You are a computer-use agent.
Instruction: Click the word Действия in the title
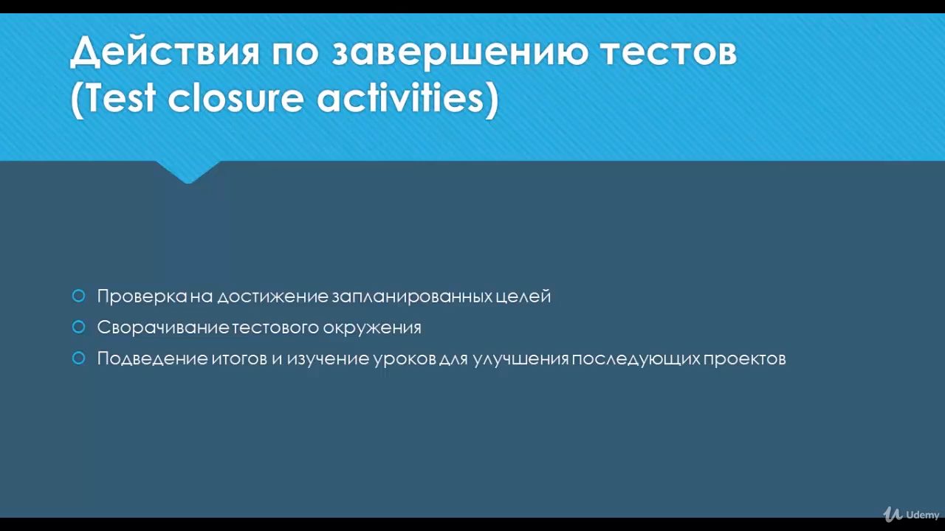(164, 52)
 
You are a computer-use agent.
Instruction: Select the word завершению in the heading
(459, 52)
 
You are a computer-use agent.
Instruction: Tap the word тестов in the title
(669, 52)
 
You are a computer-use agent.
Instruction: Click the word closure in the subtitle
(236, 98)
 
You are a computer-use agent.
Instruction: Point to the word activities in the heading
(408, 98)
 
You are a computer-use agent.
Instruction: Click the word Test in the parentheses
(120, 98)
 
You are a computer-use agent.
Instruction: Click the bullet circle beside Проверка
(79, 296)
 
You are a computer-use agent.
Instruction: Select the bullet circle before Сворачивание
(79, 327)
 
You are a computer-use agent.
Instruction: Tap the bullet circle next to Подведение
(79, 358)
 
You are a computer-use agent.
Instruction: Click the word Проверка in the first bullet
(142, 296)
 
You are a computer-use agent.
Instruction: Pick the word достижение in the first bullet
(272, 296)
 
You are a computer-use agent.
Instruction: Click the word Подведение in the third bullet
(152, 359)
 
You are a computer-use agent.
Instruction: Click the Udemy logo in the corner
(911, 515)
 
